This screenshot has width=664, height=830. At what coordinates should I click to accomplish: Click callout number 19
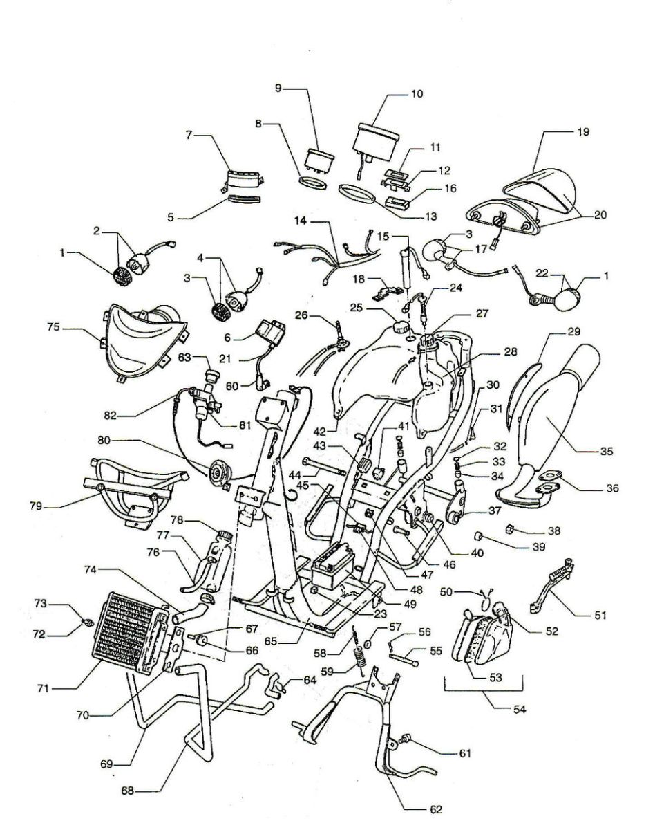[584, 131]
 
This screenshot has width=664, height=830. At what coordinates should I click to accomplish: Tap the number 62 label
[435, 810]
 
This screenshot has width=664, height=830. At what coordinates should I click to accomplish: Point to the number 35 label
[606, 451]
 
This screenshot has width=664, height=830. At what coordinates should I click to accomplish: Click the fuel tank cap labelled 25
[401, 326]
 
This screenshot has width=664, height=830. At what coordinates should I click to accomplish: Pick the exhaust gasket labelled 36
[547, 482]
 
